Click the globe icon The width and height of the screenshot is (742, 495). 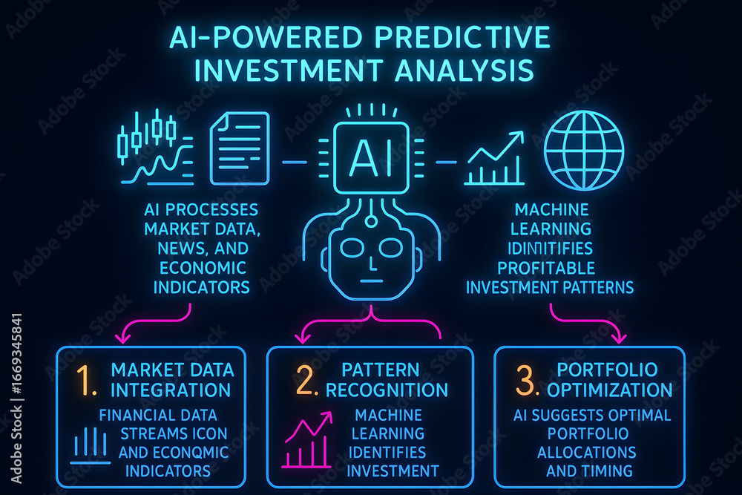point(583,151)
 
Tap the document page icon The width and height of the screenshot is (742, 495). point(240,148)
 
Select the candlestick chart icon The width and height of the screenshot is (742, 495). point(156,147)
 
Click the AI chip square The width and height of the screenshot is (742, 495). point(371,157)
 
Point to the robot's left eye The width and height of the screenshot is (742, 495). point(352,248)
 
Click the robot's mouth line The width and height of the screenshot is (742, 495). point(372,281)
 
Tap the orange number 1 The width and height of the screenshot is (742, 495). point(87,380)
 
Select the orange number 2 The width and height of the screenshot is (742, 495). point(306,380)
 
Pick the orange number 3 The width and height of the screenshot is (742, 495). point(527,380)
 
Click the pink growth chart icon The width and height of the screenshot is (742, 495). point(308,440)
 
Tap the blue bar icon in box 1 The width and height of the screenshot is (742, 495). point(90,445)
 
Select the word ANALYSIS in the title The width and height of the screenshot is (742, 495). point(464,71)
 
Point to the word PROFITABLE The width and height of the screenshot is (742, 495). point(546,268)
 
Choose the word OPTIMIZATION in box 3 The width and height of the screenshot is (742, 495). point(609,390)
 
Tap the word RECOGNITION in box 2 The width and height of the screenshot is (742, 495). point(387,390)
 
